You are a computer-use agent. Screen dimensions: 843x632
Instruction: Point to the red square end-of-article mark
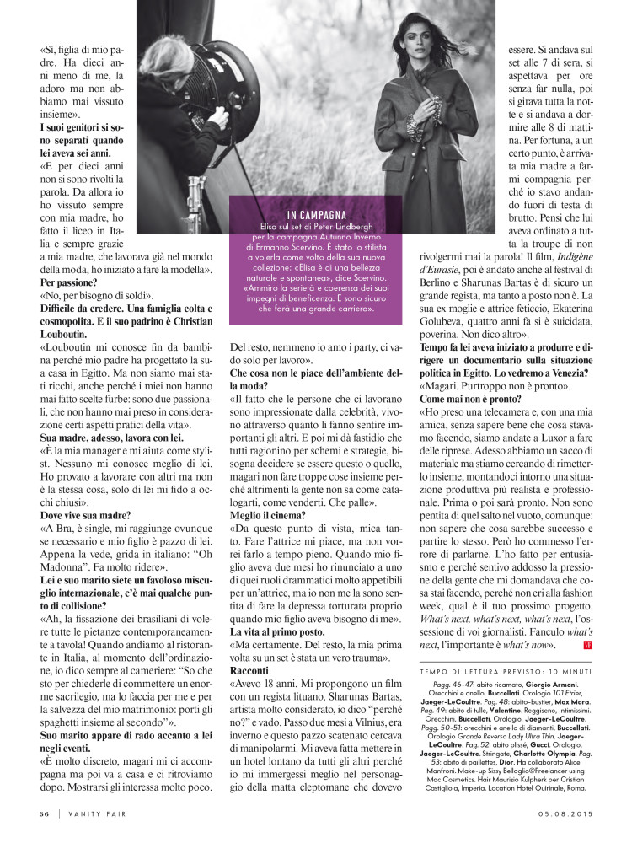pos(587,644)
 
